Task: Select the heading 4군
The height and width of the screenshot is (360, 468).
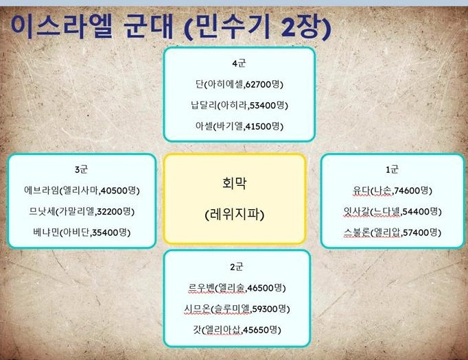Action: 239,64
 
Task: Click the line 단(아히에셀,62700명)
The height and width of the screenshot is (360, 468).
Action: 239,84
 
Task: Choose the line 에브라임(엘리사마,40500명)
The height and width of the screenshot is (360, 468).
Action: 82,190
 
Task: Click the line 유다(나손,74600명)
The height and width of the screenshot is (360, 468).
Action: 393,190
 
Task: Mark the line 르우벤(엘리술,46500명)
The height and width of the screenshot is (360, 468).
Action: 237,287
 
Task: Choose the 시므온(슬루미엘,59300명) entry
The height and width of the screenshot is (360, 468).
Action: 237,308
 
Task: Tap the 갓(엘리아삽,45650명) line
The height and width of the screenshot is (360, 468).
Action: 237,329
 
